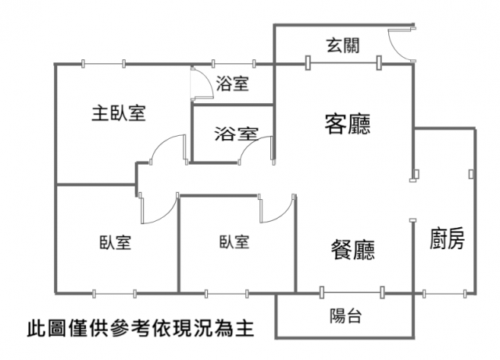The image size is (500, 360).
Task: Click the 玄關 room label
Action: pyautogui.click(x=343, y=45)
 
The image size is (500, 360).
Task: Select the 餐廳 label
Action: pyautogui.click(x=352, y=250)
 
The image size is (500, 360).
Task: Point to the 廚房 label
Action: pyautogui.click(x=447, y=239)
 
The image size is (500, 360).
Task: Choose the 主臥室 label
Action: pyautogui.click(x=119, y=113)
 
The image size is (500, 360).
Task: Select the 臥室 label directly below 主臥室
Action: pyautogui.click(x=115, y=242)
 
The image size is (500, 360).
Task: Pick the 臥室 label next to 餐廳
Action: pyautogui.click(x=234, y=241)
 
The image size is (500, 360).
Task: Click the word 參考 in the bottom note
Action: pyautogui.click(x=139, y=324)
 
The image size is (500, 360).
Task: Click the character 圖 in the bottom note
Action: pyautogui.click(x=56, y=324)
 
